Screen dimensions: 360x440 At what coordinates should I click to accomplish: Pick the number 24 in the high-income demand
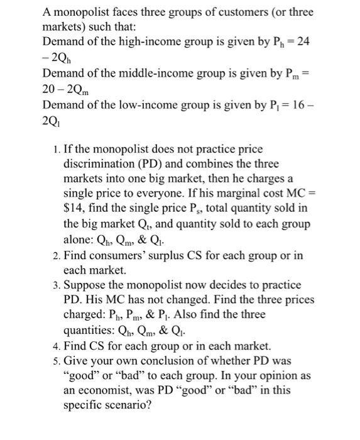306,41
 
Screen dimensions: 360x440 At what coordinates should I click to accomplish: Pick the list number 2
53,256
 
